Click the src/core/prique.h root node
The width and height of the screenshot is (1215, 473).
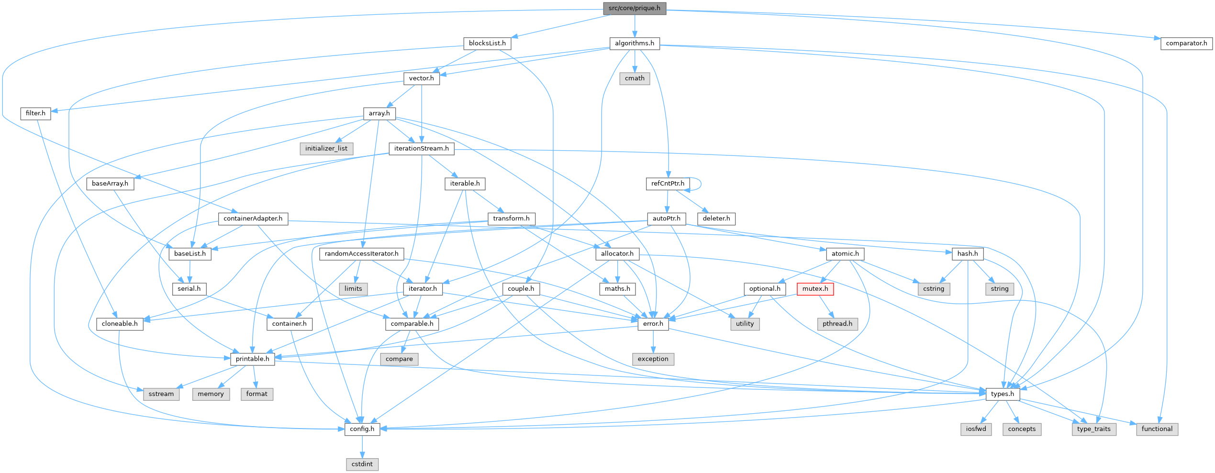click(634, 8)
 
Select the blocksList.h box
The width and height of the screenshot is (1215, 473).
click(487, 43)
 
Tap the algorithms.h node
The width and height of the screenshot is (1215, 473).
click(634, 43)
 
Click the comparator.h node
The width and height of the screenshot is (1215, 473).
click(1186, 43)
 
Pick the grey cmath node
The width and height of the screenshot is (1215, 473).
click(635, 78)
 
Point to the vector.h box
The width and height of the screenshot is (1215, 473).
click(421, 78)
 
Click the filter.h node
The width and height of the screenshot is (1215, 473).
click(35, 113)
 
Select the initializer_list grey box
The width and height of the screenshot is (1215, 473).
click(326, 148)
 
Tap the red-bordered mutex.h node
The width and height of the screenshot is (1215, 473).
click(815, 289)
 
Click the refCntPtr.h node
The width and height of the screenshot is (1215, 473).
click(668, 184)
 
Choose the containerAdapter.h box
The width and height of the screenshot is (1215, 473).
click(253, 219)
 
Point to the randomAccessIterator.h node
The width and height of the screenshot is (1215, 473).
click(361, 253)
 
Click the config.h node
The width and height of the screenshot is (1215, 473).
click(362, 429)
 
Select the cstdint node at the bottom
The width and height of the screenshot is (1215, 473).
click(362, 464)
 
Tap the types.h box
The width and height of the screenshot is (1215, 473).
click(1003, 394)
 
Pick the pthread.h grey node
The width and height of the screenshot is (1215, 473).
click(837, 324)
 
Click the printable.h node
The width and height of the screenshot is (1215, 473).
click(252, 359)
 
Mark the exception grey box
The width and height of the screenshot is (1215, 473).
click(653, 359)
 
